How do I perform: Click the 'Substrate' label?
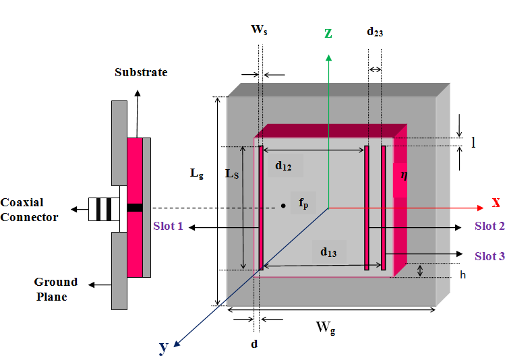click(141, 72)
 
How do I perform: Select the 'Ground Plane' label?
click(56, 289)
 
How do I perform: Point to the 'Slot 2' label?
click(489, 227)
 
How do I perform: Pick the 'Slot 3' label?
click(489, 256)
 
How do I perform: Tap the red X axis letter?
click(496, 202)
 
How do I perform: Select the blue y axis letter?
click(163, 347)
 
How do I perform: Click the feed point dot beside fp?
click(283, 206)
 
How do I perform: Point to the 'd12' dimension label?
click(283, 166)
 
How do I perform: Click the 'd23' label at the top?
click(375, 31)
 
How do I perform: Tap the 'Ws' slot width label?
click(259, 30)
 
